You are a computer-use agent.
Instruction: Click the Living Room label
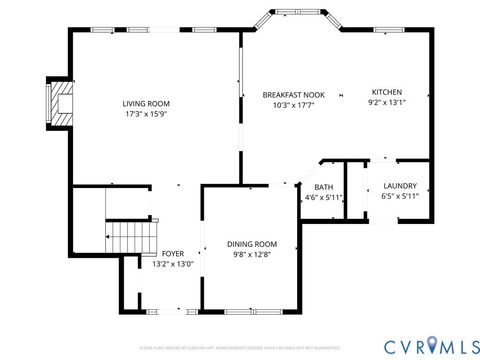point(146,103)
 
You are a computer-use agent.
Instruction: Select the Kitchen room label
point(387,91)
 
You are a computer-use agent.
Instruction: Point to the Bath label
point(324,187)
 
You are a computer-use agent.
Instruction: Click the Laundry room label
point(399,186)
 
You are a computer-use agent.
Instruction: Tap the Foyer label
point(172,254)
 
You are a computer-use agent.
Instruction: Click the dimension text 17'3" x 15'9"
point(146,114)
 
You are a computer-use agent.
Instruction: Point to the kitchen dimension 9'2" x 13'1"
point(387,102)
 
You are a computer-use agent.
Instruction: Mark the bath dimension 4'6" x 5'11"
point(324,198)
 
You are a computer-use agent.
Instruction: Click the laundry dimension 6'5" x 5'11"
point(399,197)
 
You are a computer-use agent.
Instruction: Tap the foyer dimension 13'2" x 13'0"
point(172,265)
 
